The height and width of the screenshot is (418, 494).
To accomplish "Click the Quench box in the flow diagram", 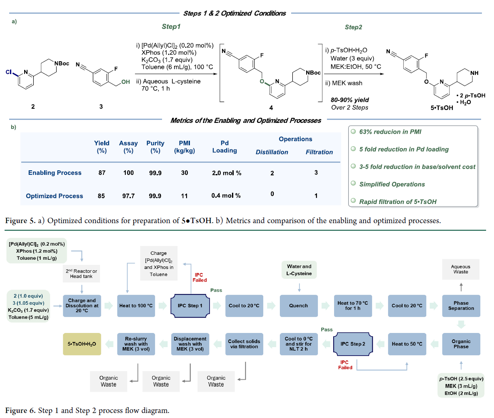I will point(299,306).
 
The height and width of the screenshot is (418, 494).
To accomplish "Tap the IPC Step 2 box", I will point(353,344).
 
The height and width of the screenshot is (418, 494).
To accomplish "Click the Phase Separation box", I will point(461,306).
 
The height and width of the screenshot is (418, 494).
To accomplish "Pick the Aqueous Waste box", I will point(461,269).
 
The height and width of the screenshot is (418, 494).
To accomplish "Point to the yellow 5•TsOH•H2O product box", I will point(82,344).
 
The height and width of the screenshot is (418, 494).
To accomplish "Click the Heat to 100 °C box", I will point(136,306).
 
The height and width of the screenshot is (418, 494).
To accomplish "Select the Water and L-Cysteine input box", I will point(299,269).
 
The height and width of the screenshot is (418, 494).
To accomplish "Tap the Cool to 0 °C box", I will point(299,344).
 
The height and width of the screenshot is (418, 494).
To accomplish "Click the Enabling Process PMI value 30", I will point(185,173).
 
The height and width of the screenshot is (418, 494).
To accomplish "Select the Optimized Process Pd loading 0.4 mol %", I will point(226,196).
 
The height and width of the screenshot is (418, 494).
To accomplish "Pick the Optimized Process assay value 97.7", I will point(128,196).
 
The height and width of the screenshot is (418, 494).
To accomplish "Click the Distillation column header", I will point(272,152).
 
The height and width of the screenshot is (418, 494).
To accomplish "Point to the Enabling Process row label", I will point(55,173).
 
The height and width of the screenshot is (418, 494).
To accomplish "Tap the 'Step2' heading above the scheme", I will point(353,27).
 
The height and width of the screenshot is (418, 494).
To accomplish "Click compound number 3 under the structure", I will point(101,107).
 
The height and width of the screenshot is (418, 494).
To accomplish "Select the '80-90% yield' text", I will point(344,100).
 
